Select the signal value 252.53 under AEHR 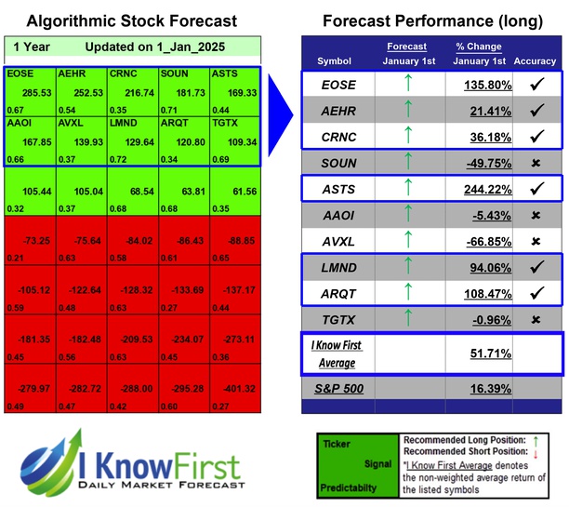[80, 94]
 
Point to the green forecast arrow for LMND [405, 269]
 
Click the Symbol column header [335, 61]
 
